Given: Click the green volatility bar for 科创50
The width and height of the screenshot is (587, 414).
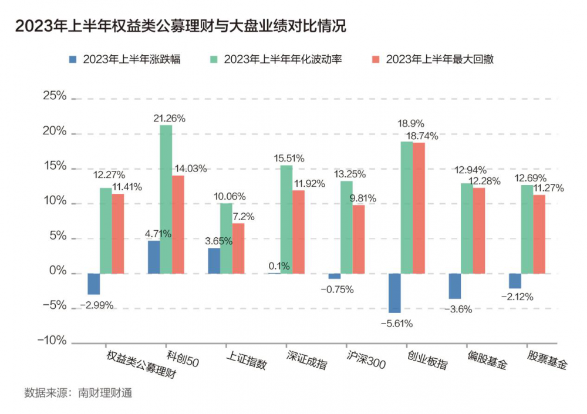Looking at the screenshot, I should point(166,199).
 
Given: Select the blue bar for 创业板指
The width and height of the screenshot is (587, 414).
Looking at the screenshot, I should point(395,293).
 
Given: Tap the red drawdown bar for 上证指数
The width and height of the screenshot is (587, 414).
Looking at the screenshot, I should point(238,248).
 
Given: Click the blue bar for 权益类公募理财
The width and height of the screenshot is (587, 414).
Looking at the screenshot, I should point(93,284).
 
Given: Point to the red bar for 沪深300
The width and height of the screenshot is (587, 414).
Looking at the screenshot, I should point(359,239).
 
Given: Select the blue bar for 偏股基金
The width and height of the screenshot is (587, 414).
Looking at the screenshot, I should point(455,286).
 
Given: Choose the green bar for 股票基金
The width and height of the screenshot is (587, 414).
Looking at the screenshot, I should point(527,229).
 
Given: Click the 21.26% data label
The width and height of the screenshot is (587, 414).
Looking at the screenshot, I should point(170,118).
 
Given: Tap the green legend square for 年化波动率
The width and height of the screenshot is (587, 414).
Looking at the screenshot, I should point(214,59).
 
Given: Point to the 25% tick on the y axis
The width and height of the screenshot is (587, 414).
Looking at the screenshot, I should point(54,96).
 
